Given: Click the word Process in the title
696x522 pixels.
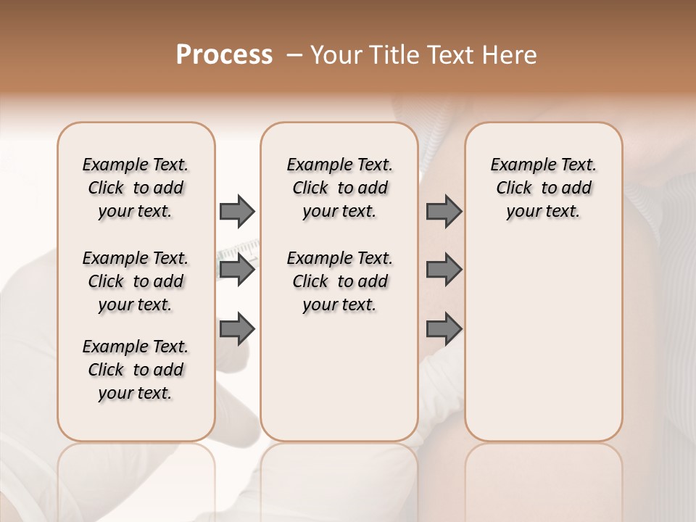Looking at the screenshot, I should click(x=224, y=55).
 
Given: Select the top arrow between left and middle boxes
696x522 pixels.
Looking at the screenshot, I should click(x=236, y=211).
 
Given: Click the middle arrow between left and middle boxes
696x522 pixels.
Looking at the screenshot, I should click(x=236, y=270).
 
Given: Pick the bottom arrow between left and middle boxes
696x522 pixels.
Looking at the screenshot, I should click(x=236, y=328).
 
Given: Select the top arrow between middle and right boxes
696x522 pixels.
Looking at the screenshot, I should click(x=444, y=211).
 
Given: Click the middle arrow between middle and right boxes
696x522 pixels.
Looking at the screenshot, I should click(x=444, y=270).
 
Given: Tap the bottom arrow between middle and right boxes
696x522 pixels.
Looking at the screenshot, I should click(x=444, y=328).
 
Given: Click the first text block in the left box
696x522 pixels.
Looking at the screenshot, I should click(x=136, y=188).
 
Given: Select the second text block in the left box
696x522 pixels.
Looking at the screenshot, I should click(x=136, y=281).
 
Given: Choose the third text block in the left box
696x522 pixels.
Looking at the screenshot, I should click(x=136, y=370).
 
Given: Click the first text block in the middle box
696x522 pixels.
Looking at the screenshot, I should click(x=340, y=188).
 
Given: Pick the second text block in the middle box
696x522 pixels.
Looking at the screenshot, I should click(x=340, y=281).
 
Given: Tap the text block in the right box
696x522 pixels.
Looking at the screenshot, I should click(x=544, y=188).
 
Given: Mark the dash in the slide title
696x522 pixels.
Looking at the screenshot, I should click(x=294, y=55).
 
